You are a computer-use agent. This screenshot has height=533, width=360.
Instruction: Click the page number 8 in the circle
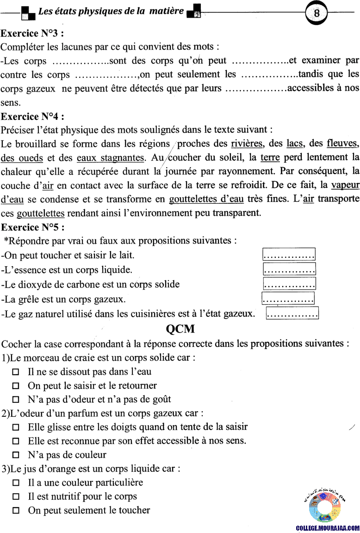pyautogui.click(x=317, y=13)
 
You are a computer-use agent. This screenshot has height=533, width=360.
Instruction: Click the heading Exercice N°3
pyautogui.click(x=32, y=33)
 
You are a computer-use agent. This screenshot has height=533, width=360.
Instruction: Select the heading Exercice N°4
pyautogui.click(x=32, y=116)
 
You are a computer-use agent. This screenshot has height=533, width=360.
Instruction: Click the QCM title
pyautogui.click(x=180, y=329)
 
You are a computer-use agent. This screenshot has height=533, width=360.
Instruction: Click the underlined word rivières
pyautogui.click(x=247, y=144)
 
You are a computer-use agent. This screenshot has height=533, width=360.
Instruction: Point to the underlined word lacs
pyautogui.click(x=294, y=144)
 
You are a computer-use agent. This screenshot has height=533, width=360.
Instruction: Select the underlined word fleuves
pyautogui.click(x=342, y=144)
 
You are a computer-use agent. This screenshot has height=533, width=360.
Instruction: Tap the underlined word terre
pyautogui.click(x=270, y=157)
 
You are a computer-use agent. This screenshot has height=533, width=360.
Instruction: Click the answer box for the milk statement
pyautogui.click(x=289, y=255)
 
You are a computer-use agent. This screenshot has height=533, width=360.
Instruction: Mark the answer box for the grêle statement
pyautogui.click(x=288, y=299)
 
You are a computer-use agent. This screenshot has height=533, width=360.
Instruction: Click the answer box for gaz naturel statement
pyautogui.click(x=293, y=314)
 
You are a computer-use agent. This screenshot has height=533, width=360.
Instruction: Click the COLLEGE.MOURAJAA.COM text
pyautogui.click(x=328, y=528)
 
